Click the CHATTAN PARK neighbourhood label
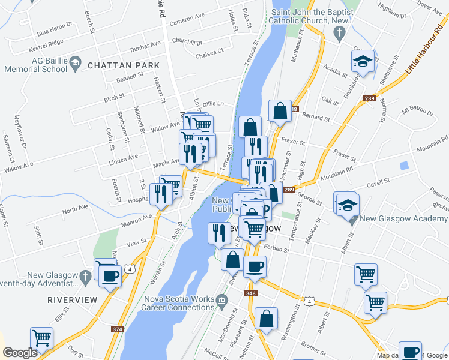124,65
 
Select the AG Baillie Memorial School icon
76,62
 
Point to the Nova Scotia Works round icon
222,299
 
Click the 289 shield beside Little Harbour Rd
370,98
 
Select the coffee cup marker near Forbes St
255,267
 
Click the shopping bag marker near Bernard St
280,111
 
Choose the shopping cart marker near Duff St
42,338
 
